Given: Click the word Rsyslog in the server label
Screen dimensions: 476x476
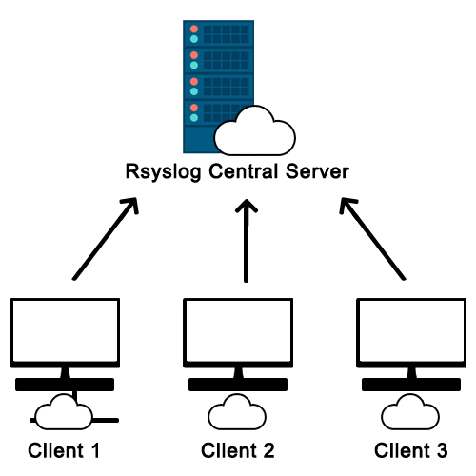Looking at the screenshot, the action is pyautogui.click(x=163, y=172).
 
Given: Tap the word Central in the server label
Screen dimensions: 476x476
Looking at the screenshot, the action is pyautogui.click(x=244, y=171).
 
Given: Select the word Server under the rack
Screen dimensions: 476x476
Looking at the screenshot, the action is pyautogui.click(x=317, y=171).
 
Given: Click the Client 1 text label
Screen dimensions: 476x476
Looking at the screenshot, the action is pyautogui.click(x=64, y=450).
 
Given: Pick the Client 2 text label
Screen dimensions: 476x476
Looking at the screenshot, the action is pyautogui.click(x=238, y=450).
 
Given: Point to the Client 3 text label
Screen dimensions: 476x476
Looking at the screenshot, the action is pyautogui.click(x=411, y=450).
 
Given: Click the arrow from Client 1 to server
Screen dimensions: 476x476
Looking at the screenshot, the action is pyautogui.click(x=105, y=239).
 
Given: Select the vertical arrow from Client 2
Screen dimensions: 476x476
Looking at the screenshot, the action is pyautogui.click(x=246, y=241).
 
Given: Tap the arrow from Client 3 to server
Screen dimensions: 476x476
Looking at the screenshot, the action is pyautogui.click(x=372, y=239).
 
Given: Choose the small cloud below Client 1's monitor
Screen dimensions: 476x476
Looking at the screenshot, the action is pyautogui.click(x=64, y=412).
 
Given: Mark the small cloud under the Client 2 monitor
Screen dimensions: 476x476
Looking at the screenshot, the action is pyautogui.click(x=237, y=412).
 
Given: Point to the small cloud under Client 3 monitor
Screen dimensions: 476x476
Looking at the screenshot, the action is pyautogui.click(x=410, y=412).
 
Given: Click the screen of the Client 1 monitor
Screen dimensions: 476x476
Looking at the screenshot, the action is pyautogui.click(x=65, y=331).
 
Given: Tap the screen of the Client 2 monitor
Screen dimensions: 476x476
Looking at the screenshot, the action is pyautogui.click(x=238, y=331).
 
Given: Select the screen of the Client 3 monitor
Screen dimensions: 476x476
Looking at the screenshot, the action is pyautogui.click(x=411, y=331).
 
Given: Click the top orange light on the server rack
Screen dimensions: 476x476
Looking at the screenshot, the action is pyautogui.click(x=194, y=30).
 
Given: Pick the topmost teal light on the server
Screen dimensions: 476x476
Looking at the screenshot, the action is pyautogui.click(x=194, y=39).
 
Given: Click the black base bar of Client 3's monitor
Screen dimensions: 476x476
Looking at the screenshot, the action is pyautogui.click(x=411, y=385).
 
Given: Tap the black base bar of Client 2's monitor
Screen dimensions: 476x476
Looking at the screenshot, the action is pyautogui.click(x=238, y=385).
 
